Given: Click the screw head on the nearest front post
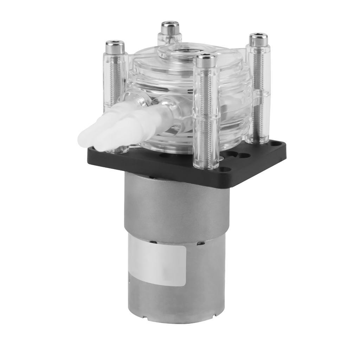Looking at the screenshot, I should (x=206, y=61).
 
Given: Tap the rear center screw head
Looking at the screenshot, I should (x=170, y=28).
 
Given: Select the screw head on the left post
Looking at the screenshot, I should (x=115, y=47).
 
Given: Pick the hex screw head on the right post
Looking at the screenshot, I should (x=258, y=39).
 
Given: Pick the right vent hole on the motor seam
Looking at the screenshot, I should (x=199, y=243).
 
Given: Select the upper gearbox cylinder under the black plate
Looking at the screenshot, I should (x=176, y=207).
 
